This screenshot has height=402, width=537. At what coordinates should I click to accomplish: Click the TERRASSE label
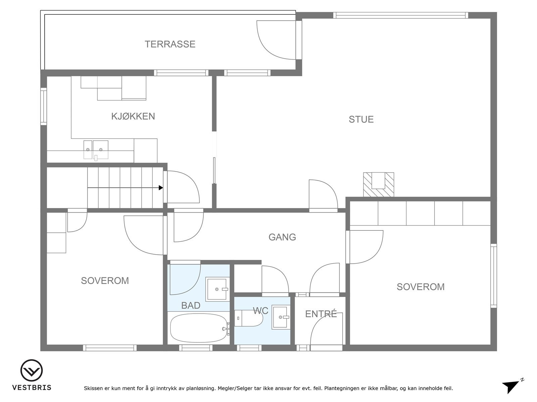pyautogui.click(x=170, y=44)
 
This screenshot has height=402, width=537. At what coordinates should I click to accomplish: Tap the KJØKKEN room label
pyautogui.click(x=133, y=116)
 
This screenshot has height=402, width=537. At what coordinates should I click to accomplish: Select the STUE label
pyautogui.click(x=361, y=119)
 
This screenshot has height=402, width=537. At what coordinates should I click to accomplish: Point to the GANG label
pyautogui.click(x=282, y=237)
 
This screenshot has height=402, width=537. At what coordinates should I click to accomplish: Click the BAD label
pyautogui.click(x=191, y=305)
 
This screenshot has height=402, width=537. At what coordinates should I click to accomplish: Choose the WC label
pyautogui.click(x=260, y=311)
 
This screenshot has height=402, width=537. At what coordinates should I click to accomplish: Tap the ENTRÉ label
pyautogui.click(x=321, y=314)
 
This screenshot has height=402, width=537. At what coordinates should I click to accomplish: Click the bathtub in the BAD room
pyautogui.click(x=199, y=328)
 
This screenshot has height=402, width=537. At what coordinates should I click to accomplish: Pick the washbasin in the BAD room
pyautogui.click(x=217, y=289)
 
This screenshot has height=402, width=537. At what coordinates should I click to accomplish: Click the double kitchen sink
pyautogui.click(x=96, y=150)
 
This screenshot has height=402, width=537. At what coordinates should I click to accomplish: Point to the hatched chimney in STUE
pyautogui.click(x=379, y=184)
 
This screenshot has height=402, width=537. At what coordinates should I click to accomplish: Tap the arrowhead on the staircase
pyautogui.click(x=161, y=188)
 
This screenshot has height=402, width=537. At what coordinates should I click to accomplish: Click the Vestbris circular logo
pyautogui.click(x=32, y=371)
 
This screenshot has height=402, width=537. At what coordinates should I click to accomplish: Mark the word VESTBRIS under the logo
pyautogui.click(x=32, y=387)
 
